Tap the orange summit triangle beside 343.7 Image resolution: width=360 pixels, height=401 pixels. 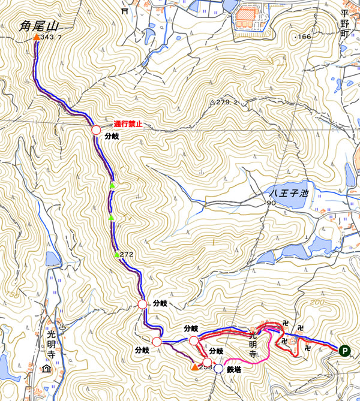(x=36, y=38)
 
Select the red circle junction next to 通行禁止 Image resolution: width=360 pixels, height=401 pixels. (x=95, y=130)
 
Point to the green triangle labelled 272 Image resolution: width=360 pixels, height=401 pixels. (x=117, y=255)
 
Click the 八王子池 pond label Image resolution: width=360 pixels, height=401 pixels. (x=288, y=193)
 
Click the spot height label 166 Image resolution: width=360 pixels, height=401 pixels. (x=304, y=37)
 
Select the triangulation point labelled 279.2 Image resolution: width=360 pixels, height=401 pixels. (x=212, y=102)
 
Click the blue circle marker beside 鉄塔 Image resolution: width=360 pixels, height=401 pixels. (x=219, y=369)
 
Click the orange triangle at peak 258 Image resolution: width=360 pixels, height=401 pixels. (x=194, y=366)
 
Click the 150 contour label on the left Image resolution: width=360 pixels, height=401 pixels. (x=10, y=295)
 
